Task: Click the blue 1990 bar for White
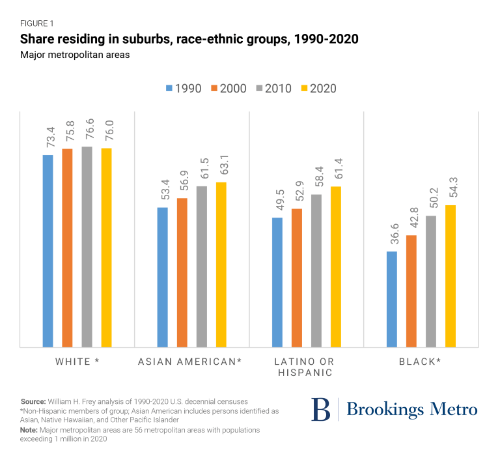click(x=48, y=251)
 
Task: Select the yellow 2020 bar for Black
click(x=451, y=276)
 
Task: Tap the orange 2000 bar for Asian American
click(x=182, y=272)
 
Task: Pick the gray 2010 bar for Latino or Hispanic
click(x=316, y=270)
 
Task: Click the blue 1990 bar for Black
click(x=392, y=299)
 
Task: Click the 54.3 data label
click(x=451, y=190)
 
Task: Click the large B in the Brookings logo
click(x=320, y=409)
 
